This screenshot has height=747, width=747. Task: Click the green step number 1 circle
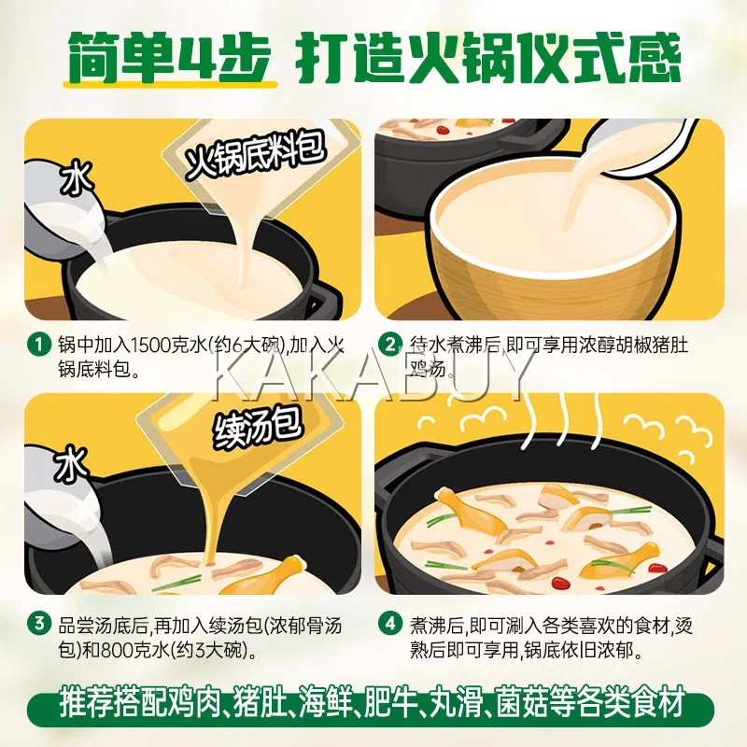[x=38, y=344]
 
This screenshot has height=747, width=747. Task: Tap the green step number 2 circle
[x=389, y=344]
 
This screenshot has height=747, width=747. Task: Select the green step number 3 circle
[x=38, y=624]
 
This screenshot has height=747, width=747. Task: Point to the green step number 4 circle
[x=389, y=624]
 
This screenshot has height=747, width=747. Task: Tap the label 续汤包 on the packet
[x=258, y=430]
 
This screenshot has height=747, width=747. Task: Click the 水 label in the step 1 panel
[x=76, y=178]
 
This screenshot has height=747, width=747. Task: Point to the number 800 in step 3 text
[x=117, y=650]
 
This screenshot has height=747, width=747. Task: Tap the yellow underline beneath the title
[x=171, y=85]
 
